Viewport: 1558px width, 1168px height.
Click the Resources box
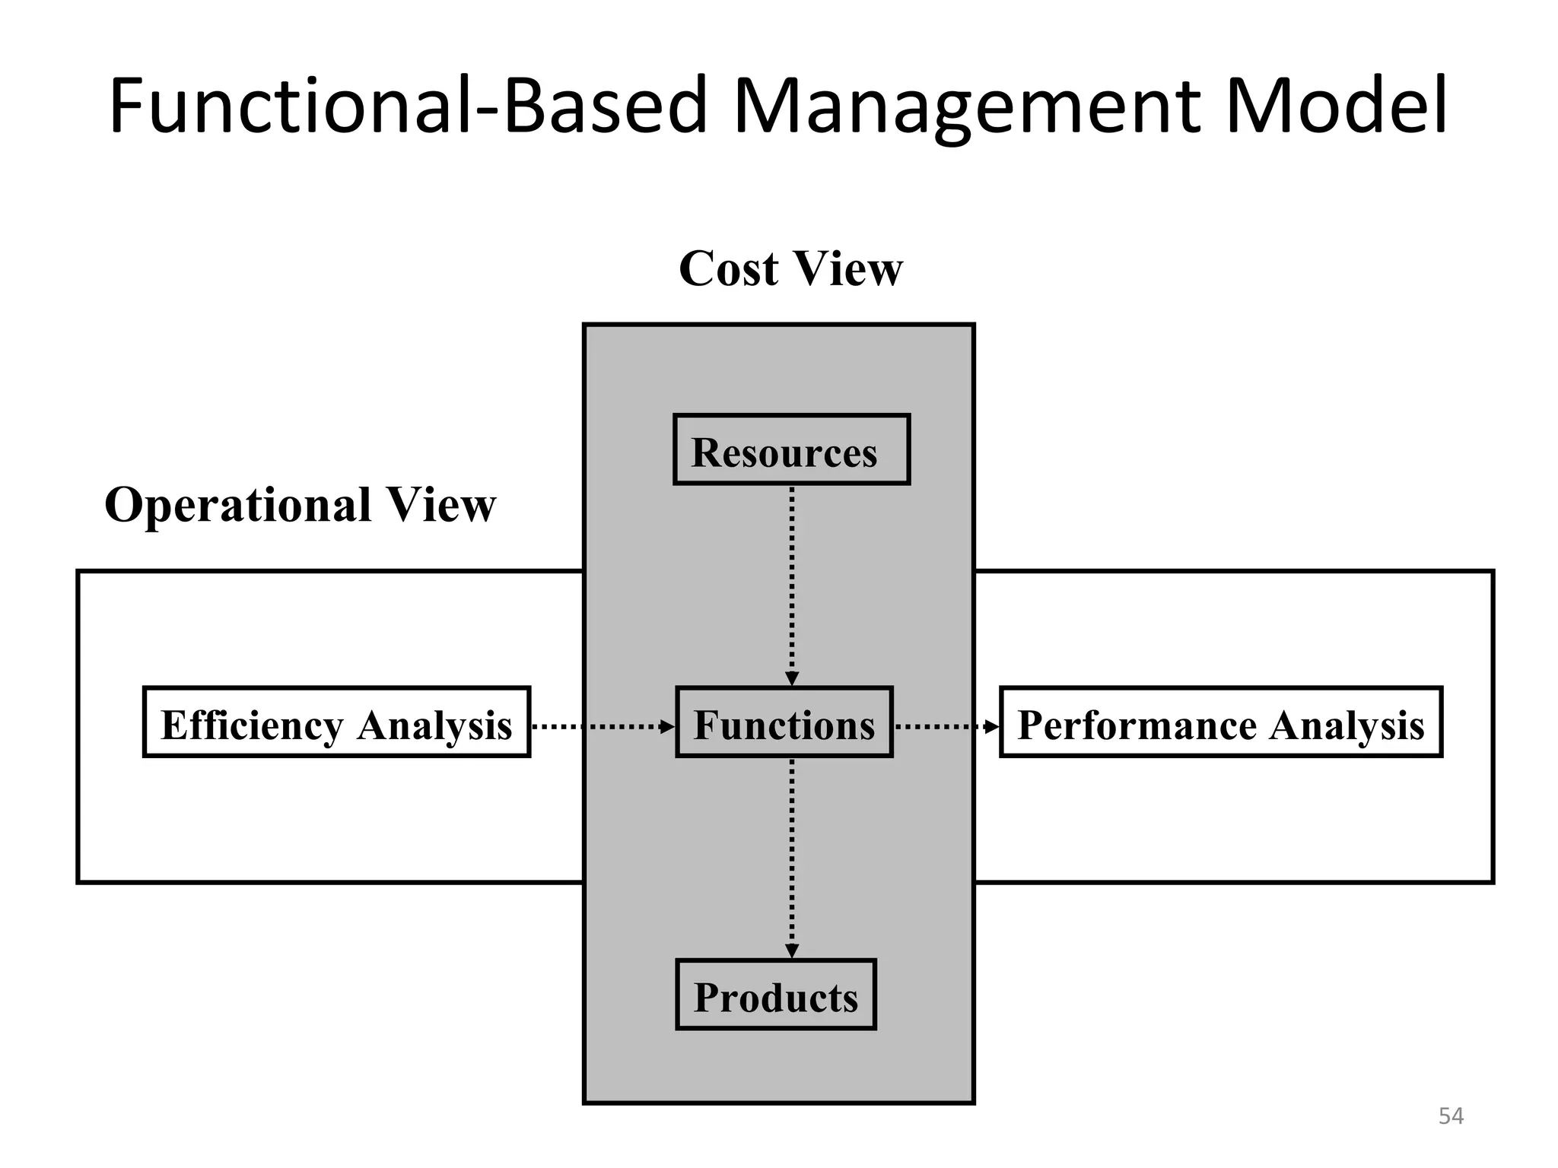pos(791,449)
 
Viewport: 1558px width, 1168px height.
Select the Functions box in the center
pos(784,722)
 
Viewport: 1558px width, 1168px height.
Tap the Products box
pos(776,995)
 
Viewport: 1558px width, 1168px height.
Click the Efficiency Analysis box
pos(336,722)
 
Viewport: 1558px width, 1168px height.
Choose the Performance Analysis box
pos(1220,722)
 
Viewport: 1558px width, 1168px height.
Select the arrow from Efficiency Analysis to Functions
pos(601,727)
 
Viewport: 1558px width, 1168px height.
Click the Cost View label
pos(790,268)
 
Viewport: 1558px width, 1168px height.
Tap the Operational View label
pos(300,505)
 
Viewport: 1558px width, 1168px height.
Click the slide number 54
pos(1451,1116)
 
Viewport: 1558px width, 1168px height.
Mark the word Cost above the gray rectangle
pos(729,268)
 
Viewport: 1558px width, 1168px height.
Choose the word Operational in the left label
pos(237,505)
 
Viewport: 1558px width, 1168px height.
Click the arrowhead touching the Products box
pos(792,952)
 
